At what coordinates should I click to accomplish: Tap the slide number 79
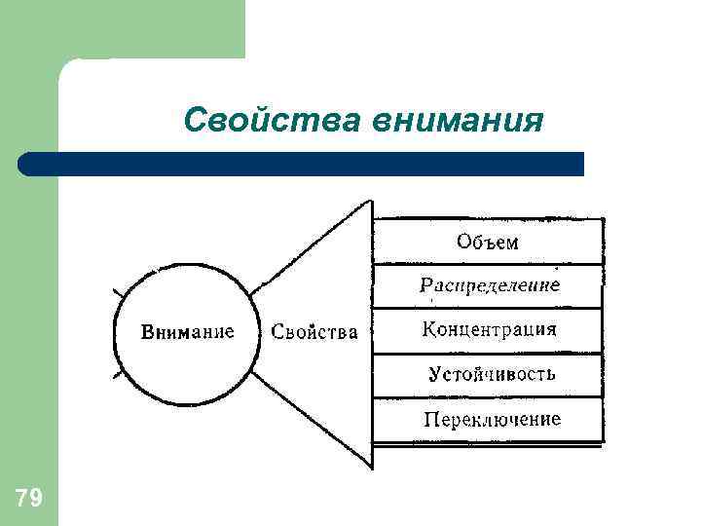29,500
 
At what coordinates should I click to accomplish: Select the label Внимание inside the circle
188,332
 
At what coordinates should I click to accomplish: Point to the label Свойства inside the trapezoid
314,332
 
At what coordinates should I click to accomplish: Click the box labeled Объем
488,242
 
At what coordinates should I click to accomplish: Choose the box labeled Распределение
490,285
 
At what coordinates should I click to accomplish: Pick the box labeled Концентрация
490,330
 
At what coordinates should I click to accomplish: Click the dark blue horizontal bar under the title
302,164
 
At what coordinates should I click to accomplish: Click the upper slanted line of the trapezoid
312,247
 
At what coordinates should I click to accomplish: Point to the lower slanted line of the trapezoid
312,419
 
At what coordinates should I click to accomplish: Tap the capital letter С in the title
195,122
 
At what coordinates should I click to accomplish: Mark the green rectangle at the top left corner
122,27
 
